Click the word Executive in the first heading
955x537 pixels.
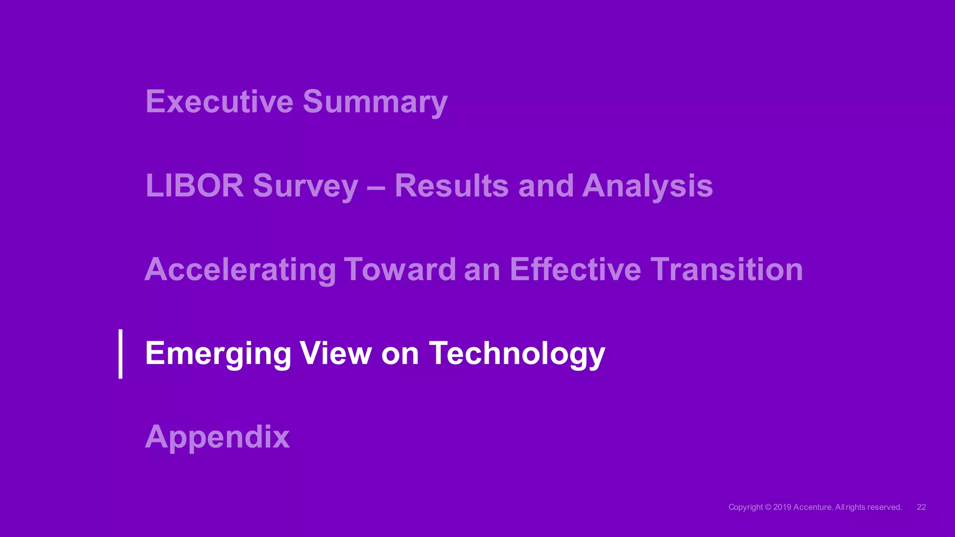point(219,101)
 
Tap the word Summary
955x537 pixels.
point(375,102)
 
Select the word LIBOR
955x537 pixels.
point(194,186)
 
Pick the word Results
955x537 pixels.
point(451,186)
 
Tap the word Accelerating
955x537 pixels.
point(240,270)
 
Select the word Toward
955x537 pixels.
point(400,269)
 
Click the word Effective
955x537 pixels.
point(575,269)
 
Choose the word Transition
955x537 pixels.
point(727,269)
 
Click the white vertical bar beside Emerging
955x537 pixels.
point(121,354)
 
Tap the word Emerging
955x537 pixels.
point(218,354)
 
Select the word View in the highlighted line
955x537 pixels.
point(336,353)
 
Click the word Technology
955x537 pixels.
point(517,354)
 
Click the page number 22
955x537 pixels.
point(921,507)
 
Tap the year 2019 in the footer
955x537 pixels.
point(782,507)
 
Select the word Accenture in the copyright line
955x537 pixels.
point(813,507)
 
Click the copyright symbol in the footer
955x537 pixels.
point(768,507)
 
